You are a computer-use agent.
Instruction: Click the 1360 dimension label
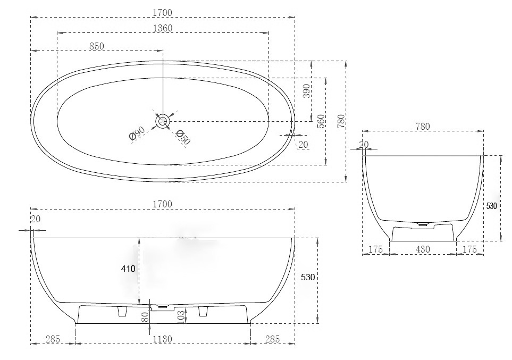(163, 28)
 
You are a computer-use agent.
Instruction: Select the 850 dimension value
(97, 46)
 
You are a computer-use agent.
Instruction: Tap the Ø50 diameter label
(183, 137)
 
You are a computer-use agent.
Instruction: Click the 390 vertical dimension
(306, 91)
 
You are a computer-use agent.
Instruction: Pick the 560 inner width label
(321, 121)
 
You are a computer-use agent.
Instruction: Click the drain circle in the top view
(162, 121)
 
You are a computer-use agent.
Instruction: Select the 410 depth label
(128, 269)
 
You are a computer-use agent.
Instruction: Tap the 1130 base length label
(163, 339)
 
